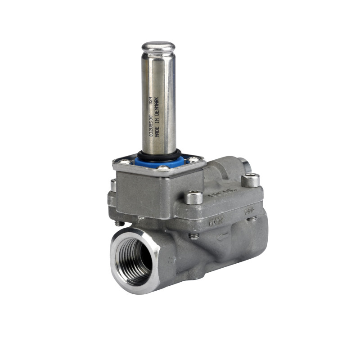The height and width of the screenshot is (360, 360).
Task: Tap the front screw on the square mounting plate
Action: (163, 168)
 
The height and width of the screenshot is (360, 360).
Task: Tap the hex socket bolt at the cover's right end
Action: (250, 180)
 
